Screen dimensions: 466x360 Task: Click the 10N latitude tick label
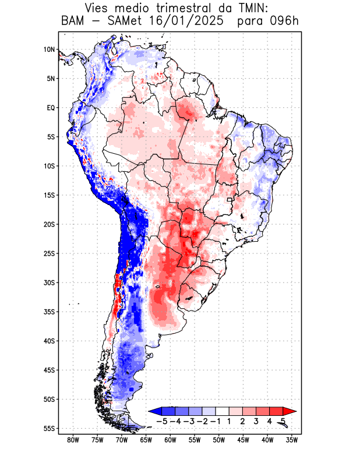pyautogui.click(x=49, y=50)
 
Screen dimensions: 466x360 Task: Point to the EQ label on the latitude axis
pyautogui.click(x=50, y=108)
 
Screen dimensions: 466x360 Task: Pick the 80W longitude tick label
pyautogui.click(x=73, y=440)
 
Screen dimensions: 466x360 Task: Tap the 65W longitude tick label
pyautogui.click(x=146, y=440)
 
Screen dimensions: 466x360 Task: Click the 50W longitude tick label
pyautogui.click(x=219, y=440)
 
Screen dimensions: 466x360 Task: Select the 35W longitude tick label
pyautogui.click(x=292, y=440)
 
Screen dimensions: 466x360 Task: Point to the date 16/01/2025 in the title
pyautogui.click(x=186, y=22)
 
